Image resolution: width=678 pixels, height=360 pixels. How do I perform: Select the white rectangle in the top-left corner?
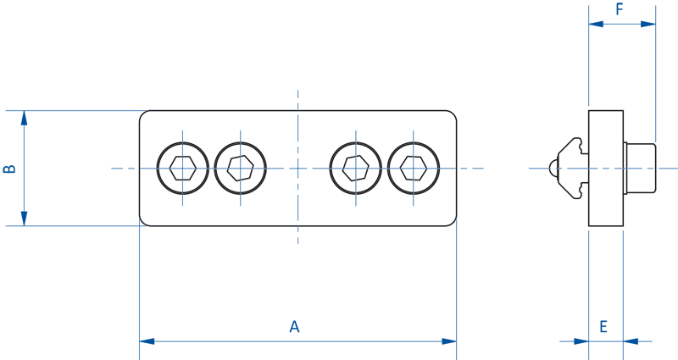pyautogui.click(x=153, y=42)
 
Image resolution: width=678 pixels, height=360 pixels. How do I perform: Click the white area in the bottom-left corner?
pyautogui.click(x=68, y=330)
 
